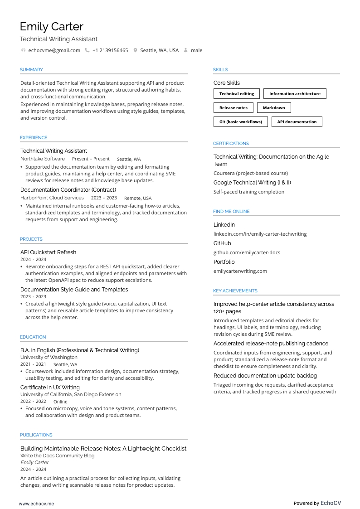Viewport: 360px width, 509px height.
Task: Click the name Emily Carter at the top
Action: [x=51, y=27]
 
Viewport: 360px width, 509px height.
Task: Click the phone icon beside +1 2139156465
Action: [x=87, y=50]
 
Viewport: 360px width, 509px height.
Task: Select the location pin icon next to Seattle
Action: [x=135, y=50]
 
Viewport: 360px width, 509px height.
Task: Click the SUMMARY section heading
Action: [x=31, y=70]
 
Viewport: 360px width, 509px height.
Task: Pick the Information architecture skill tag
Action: [x=295, y=94]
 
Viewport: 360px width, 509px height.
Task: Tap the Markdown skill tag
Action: [x=274, y=108]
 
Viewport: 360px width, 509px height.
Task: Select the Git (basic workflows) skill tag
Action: [x=240, y=122]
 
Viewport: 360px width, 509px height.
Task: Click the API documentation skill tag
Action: [x=297, y=122]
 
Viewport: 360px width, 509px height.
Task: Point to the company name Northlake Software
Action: [x=43, y=159]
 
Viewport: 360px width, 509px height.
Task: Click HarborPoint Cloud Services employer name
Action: [x=52, y=198]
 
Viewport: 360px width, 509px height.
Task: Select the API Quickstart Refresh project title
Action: [x=48, y=252]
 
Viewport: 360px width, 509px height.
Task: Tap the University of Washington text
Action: [x=49, y=358]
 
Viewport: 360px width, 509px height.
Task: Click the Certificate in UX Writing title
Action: [x=50, y=388]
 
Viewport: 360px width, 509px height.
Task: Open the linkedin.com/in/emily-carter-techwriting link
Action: [x=260, y=234]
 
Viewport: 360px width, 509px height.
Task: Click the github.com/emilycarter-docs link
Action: [x=247, y=252]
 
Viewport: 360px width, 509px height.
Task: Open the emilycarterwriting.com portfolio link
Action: [x=240, y=271]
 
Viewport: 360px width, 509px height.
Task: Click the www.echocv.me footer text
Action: [x=36, y=504]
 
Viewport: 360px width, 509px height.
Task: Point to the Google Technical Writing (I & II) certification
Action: [x=252, y=183]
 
